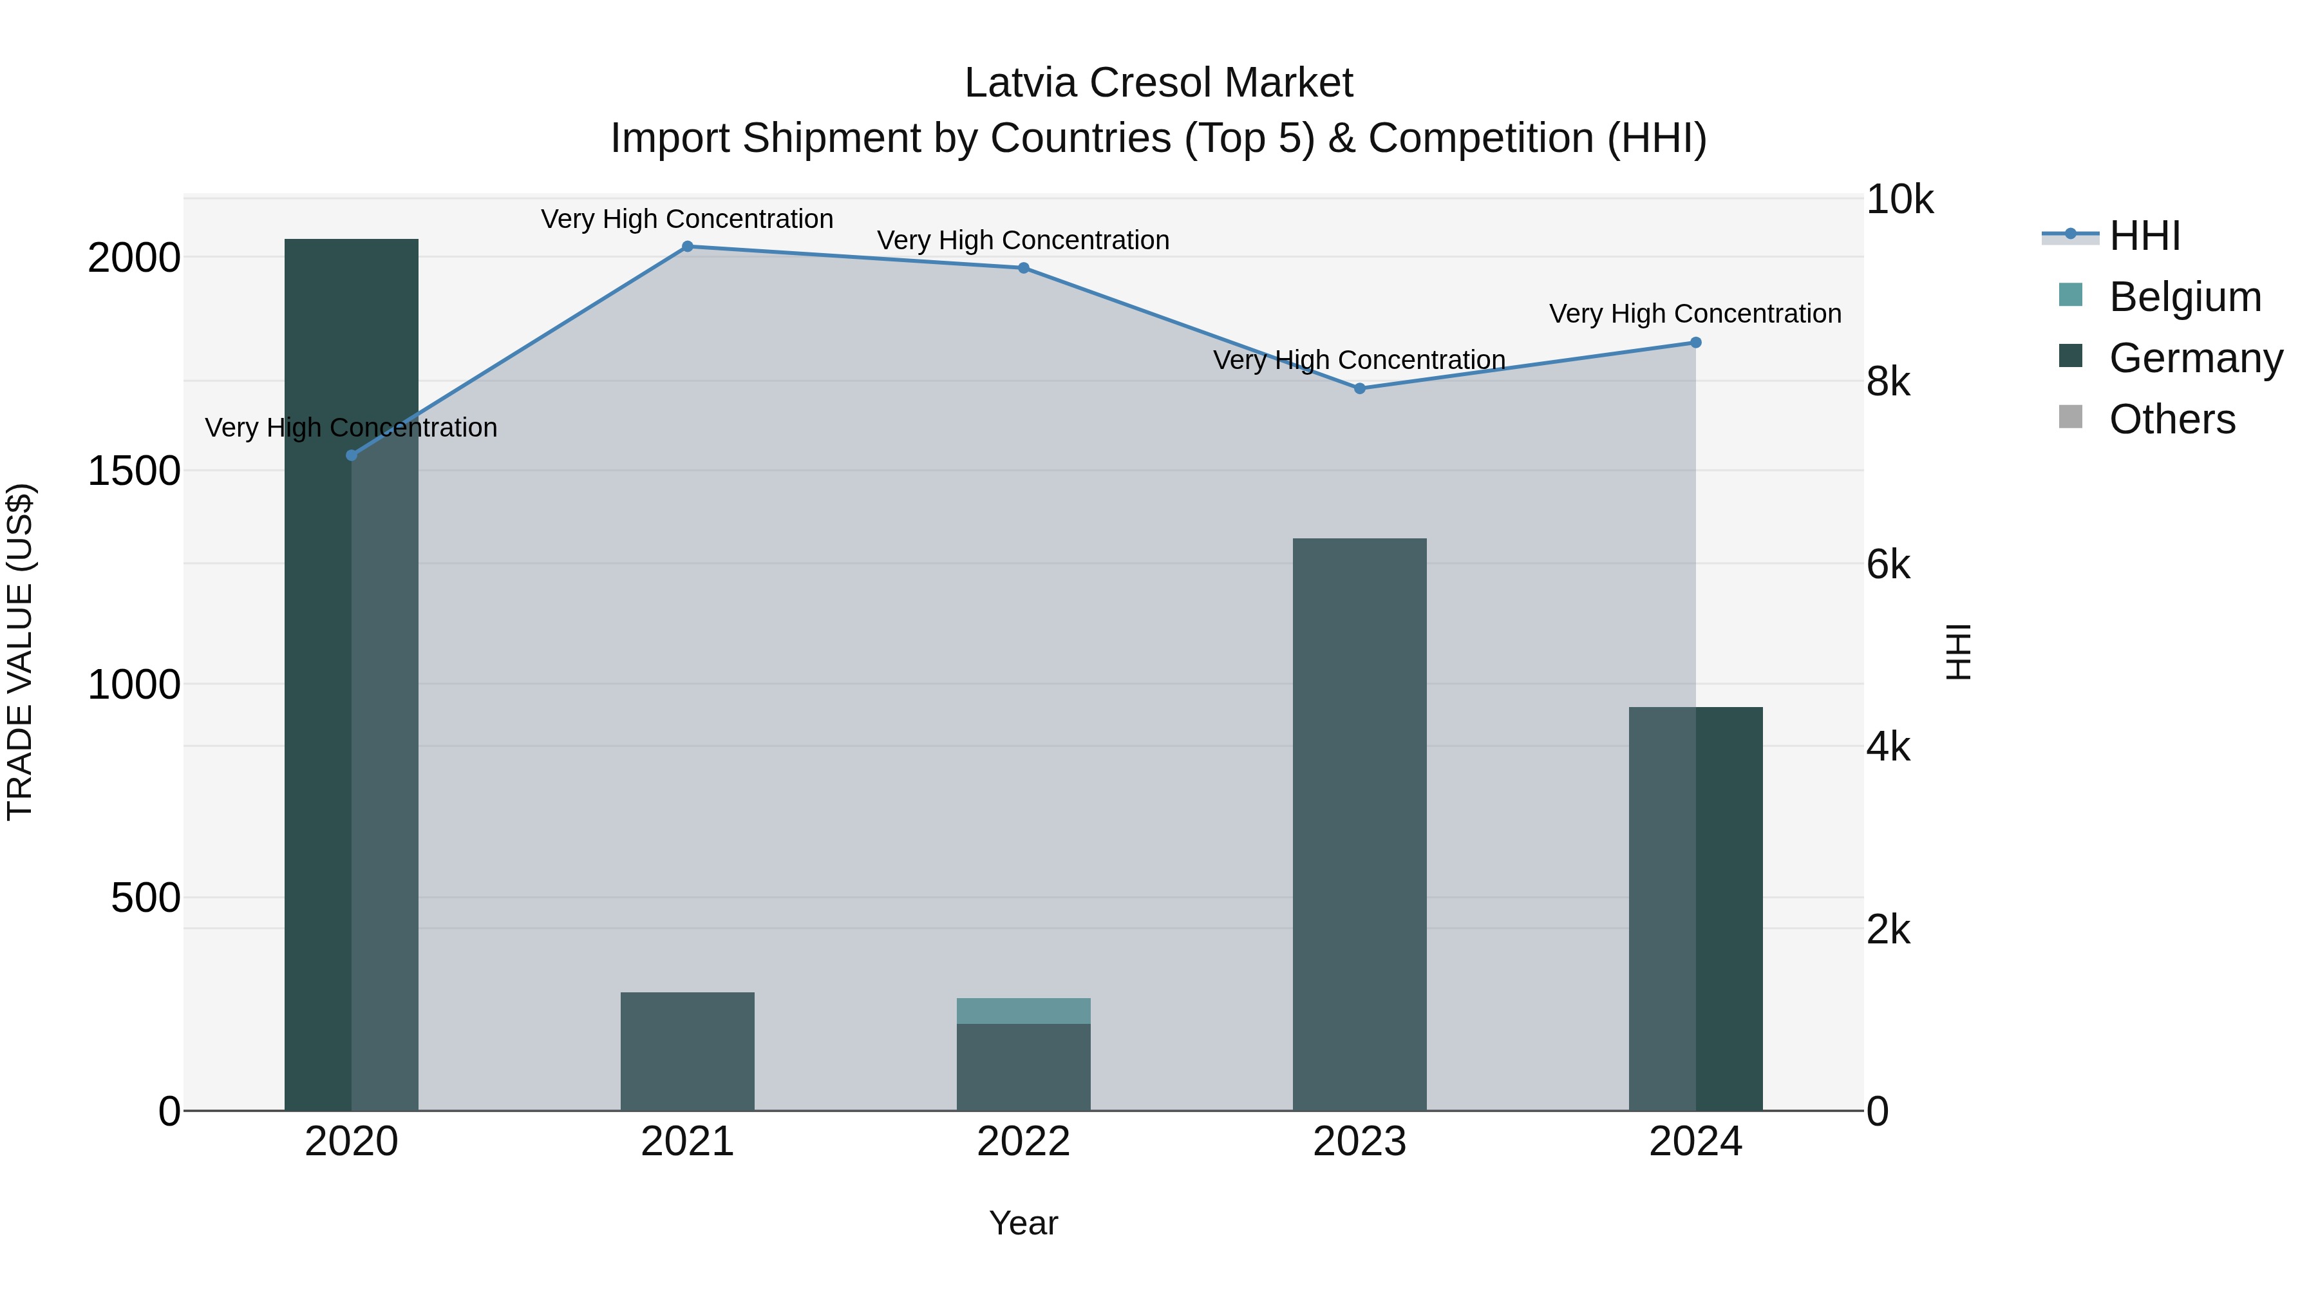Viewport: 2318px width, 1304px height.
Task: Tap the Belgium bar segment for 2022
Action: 1023,1010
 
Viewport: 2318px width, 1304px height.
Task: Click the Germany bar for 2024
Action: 1695,909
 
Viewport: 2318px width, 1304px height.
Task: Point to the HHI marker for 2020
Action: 352,455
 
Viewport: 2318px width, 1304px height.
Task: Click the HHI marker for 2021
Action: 688,247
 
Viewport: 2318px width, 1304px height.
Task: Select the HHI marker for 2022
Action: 1023,268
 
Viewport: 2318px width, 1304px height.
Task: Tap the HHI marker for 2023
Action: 1360,389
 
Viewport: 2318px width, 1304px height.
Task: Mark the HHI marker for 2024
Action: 1695,343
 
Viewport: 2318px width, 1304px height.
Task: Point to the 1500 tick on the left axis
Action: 133,471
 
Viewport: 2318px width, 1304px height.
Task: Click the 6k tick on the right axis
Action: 1888,565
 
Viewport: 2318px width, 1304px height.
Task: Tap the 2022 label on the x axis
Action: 1023,1142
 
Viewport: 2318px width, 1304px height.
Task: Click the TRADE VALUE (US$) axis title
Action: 20,652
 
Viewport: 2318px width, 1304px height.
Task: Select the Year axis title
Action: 1023,1223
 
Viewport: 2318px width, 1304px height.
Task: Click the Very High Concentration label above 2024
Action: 1695,314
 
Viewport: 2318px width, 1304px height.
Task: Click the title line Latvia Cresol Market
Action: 1158,83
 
